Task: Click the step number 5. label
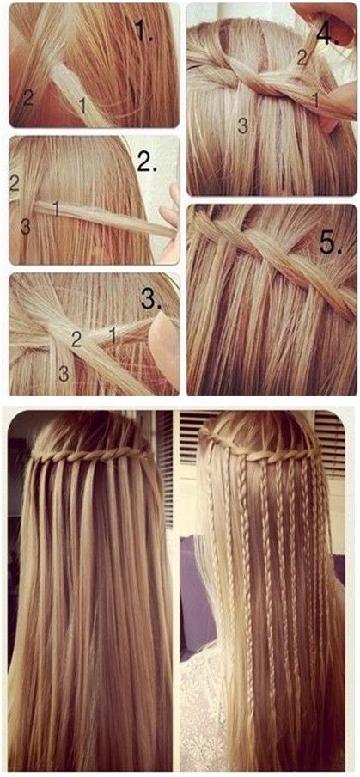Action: [x=331, y=242]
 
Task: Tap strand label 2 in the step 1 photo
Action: [x=28, y=98]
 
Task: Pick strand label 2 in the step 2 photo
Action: [x=15, y=183]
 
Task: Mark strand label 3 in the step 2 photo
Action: [x=26, y=226]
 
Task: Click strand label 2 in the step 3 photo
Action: [x=76, y=340]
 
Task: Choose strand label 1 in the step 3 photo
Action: [x=113, y=336]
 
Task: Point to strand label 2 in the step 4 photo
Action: [x=302, y=58]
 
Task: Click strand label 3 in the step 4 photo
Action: [x=242, y=125]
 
